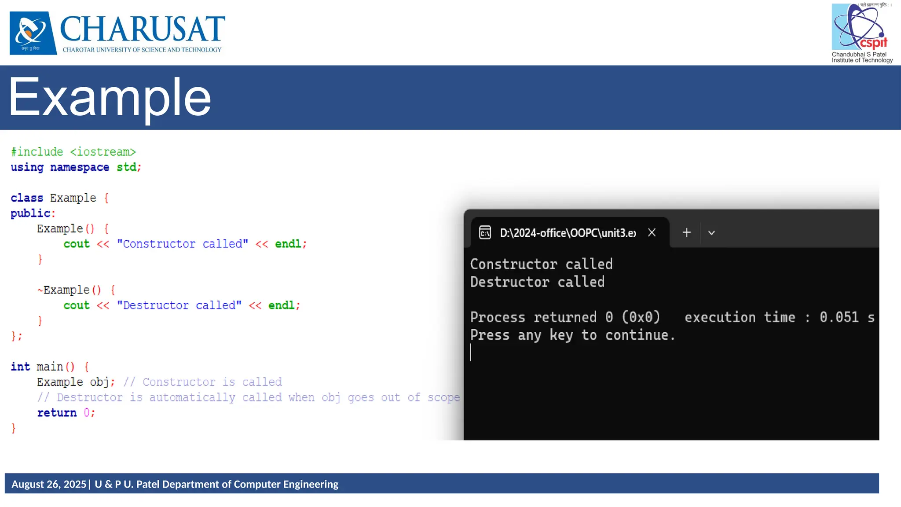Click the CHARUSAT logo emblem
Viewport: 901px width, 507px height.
(33, 33)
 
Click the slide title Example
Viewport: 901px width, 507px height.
(110, 97)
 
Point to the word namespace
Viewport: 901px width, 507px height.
(80, 167)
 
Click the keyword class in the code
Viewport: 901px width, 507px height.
(27, 198)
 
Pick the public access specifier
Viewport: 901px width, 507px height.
(31, 213)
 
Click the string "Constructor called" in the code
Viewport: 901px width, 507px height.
(183, 244)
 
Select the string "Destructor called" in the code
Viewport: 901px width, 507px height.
(179, 305)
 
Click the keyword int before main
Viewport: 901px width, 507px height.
(20, 367)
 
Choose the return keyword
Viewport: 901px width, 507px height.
(57, 413)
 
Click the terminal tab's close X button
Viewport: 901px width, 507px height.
(652, 232)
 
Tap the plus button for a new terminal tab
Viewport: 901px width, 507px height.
(686, 232)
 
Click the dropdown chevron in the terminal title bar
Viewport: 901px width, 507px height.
(711, 233)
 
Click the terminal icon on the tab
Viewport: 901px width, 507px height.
(485, 232)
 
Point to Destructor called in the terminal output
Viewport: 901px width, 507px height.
(537, 282)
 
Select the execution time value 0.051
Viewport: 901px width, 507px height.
(839, 317)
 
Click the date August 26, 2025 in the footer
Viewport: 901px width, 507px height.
(49, 484)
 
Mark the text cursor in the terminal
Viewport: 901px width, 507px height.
(471, 353)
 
